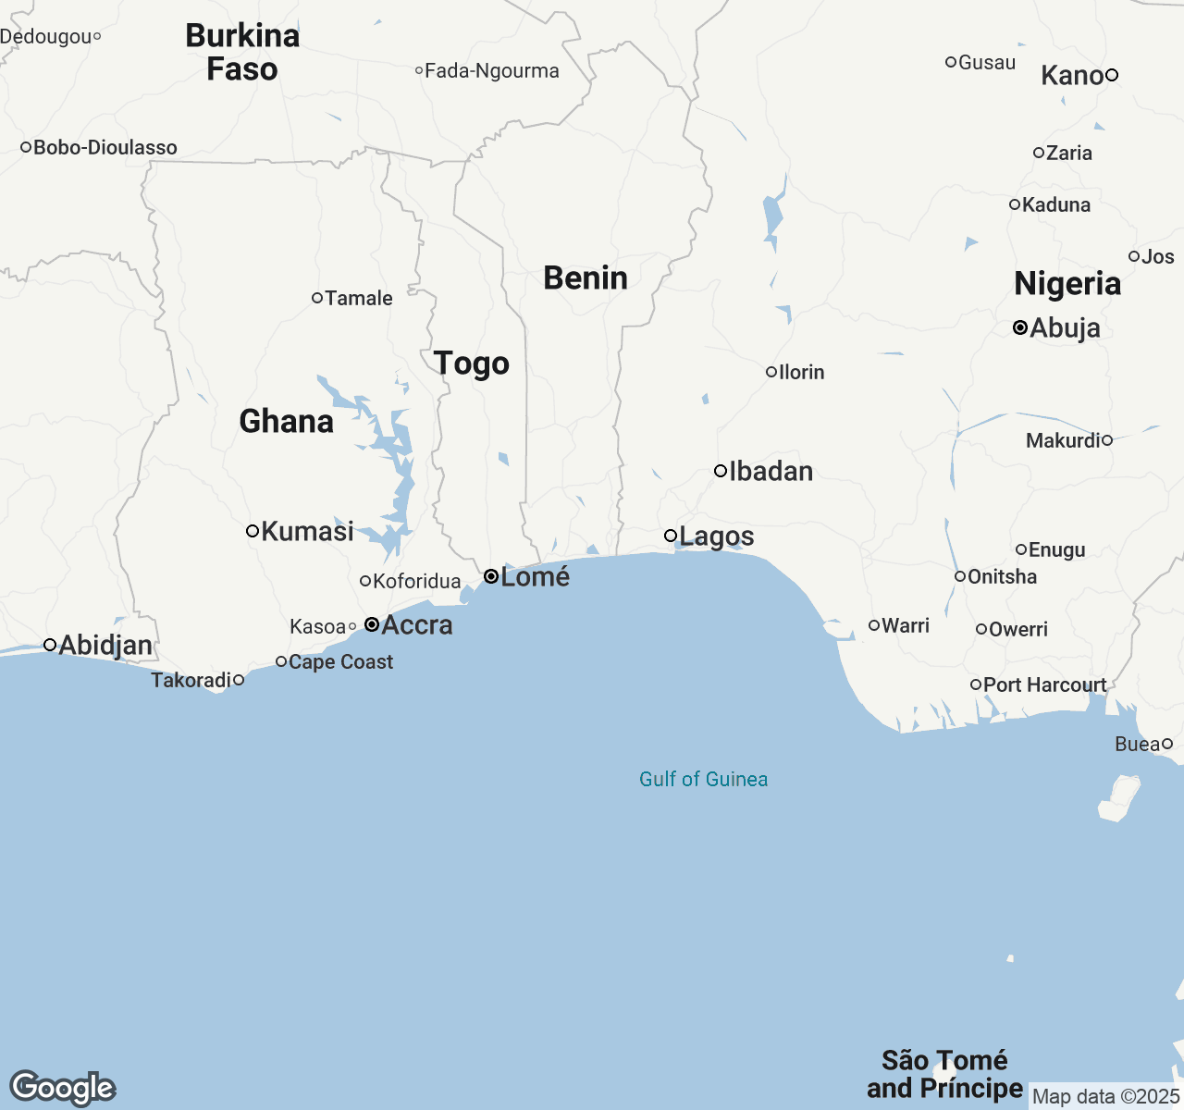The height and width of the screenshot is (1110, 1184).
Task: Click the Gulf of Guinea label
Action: pyautogui.click(x=703, y=779)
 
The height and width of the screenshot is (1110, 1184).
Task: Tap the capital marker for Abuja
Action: pyautogui.click(x=1020, y=327)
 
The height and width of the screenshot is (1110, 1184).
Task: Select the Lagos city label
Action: pyautogui.click(x=716, y=536)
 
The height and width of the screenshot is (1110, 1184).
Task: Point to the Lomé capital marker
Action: pyautogui.click(x=491, y=576)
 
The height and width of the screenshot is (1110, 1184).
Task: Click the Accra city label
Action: pyautogui.click(x=416, y=625)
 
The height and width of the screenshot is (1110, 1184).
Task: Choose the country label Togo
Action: pyautogui.click(x=472, y=364)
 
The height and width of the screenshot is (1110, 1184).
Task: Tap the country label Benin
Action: pyautogui.click(x=586, y=277)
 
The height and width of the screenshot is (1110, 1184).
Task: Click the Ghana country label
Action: pyautogui.click(x=286, y=422)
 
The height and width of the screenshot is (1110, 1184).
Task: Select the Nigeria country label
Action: pyautogui.click(x=1067, y=284)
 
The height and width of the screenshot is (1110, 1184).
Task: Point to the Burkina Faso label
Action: pyautogui.click(x=242, y=52)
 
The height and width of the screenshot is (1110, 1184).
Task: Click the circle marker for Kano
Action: pyautogui.click(x=1113, y=75)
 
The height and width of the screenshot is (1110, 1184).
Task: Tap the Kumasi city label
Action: pyautogui.click(x=307, y=531)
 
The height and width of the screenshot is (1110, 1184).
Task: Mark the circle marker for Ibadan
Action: pyautogui.click(x=721, y=471)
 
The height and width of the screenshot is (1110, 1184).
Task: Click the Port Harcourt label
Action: pyautogui.click(x=1044, y=684)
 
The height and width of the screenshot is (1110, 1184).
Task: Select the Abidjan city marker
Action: pyautogui.click(x=51, y=645)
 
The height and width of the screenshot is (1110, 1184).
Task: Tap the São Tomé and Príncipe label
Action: pyautogui.click(x=944, y=1074)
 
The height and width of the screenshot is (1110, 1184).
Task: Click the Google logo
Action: pyautogui.click(x=62, y=1088)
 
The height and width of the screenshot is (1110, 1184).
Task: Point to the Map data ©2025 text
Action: pyautogui.click(x=1105, y=1097)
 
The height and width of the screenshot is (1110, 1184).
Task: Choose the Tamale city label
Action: pyautogui.click(x=358, y=298)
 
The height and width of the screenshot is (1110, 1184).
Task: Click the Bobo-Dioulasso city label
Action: pyautogui.click(x=105, y=147)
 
